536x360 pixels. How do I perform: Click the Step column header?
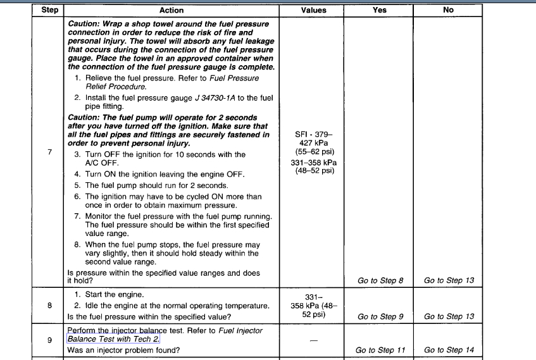click(49, 10)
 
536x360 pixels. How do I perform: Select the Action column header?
click(171, 10)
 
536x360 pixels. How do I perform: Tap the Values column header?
click(314, 10)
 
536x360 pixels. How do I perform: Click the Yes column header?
click(380, 10)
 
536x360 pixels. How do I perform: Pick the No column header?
click(449, 10)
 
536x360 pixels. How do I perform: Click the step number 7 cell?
click(49, 152)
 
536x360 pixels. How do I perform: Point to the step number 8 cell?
click(49, 306)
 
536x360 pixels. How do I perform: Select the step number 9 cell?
click(49, 340)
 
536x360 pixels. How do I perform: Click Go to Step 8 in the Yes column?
click(380, 280)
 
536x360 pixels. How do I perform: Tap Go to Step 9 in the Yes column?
click(380, 316)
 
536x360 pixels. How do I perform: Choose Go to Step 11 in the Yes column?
click(380, 350)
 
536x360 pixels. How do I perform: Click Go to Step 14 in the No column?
click(449, 350)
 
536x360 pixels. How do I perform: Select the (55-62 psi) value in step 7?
click(315, 152)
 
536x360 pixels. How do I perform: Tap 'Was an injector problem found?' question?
click(123, 350)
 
